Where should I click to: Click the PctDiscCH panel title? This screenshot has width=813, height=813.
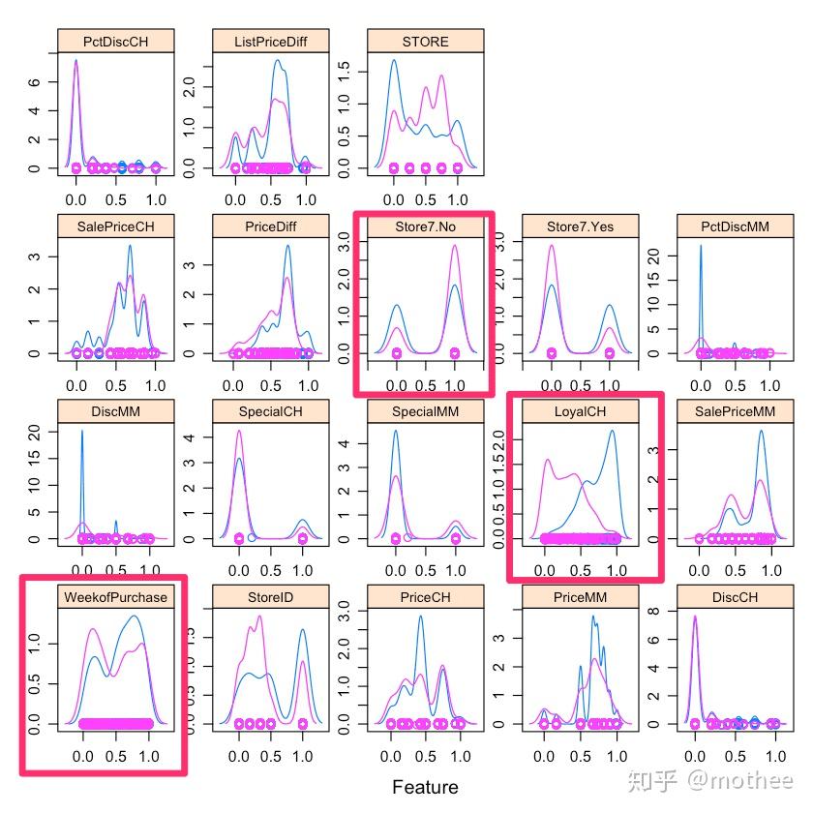(115, 41)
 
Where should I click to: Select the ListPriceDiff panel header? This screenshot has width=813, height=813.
(270, 41)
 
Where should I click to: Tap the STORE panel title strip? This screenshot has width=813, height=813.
(425, 41)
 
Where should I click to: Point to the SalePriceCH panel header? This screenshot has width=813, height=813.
(115, 226)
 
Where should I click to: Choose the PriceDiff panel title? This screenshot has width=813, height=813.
(270, 226)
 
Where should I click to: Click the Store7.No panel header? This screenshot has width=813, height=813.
(425, 226)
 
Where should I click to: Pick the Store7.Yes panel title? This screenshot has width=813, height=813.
(580, 226)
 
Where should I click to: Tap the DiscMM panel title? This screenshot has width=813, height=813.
(115, 411)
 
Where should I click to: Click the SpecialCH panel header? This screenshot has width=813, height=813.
(270, 411)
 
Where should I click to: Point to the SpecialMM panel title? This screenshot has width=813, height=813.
(425, 411)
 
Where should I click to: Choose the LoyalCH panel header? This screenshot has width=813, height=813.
(580, 411)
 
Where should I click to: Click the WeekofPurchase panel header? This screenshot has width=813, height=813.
(115, 596)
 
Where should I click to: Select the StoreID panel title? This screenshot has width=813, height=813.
(270, 596)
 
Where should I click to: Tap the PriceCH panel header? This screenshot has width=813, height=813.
(425, 596)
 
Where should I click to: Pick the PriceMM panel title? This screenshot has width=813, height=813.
(580, 596)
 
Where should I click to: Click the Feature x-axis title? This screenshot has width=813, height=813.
(425, 786)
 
